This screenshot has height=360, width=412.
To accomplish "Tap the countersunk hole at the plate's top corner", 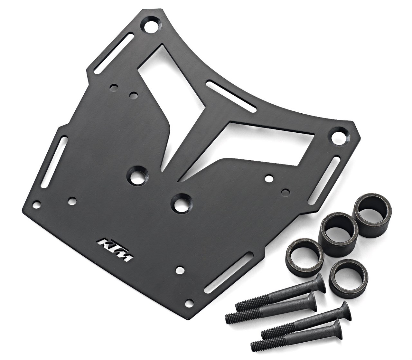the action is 151,27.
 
